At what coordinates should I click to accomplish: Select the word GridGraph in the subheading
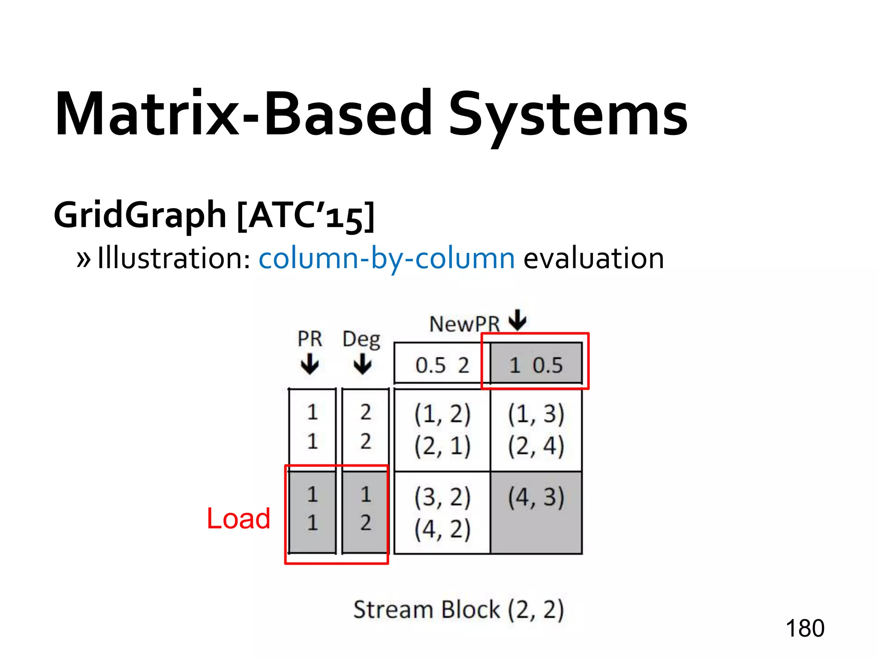(140, 215)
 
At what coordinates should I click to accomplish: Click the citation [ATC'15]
(306, 215)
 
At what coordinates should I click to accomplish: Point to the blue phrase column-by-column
(386, 258)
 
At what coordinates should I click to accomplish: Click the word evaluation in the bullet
(594, 258)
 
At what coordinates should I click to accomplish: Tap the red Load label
(238, 518)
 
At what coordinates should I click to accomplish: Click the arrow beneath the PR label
(310, 364)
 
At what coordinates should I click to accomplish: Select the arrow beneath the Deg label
(363, 364)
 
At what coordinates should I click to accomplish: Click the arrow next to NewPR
(518, 320)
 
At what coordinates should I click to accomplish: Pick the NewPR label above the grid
(464, 324)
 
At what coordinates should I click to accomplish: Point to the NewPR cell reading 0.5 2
(442, 365)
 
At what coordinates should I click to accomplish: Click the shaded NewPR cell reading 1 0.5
(536, 365)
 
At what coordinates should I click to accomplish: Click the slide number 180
(805, 628)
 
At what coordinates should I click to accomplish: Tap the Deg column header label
(361, 340)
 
